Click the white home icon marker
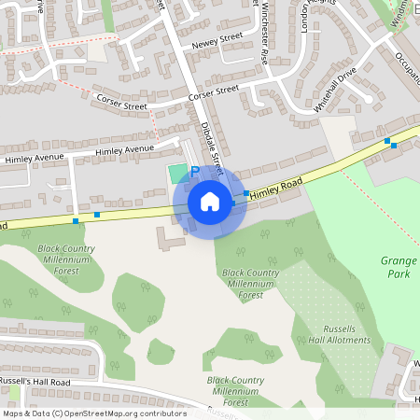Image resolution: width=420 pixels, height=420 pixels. coord(210,202)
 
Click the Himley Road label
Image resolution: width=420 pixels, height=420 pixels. coord(277,189)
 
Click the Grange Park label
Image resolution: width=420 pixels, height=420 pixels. coord(399,268)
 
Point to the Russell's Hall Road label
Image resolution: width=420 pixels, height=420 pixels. coord(35,383)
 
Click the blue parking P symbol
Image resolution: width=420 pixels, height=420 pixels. coord(195,172)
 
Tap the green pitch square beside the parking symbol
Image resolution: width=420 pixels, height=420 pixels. coord(177,173)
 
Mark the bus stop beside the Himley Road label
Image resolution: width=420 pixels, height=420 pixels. coord(246,193)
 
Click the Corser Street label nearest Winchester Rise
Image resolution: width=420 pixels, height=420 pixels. coord(214,93)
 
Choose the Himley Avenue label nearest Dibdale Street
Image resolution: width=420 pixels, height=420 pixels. coord(126,149)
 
